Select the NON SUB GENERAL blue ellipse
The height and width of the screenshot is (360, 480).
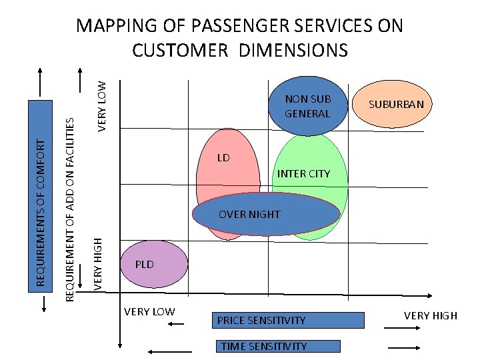[x=307, y=106]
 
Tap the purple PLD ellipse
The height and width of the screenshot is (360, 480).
[x=154, y=264]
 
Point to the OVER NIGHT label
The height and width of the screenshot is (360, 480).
[x=249, y=215]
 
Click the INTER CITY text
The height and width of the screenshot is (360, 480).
[x=303, y=174]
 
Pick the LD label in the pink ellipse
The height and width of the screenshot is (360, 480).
[x=223, y=158]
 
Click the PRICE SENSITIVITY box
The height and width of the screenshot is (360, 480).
[x=289, y=321]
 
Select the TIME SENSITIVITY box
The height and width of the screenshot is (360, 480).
[x=278, y=347]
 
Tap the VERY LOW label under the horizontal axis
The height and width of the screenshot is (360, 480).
[x=149, y=311]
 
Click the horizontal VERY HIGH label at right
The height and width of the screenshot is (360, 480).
[x=431, y=315]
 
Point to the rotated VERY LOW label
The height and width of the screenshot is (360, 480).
[x=102, y=105]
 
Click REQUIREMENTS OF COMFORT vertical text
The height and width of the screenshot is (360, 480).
[x=41, y=213]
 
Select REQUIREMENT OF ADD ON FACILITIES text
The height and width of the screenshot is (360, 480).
[x=69, y=206]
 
